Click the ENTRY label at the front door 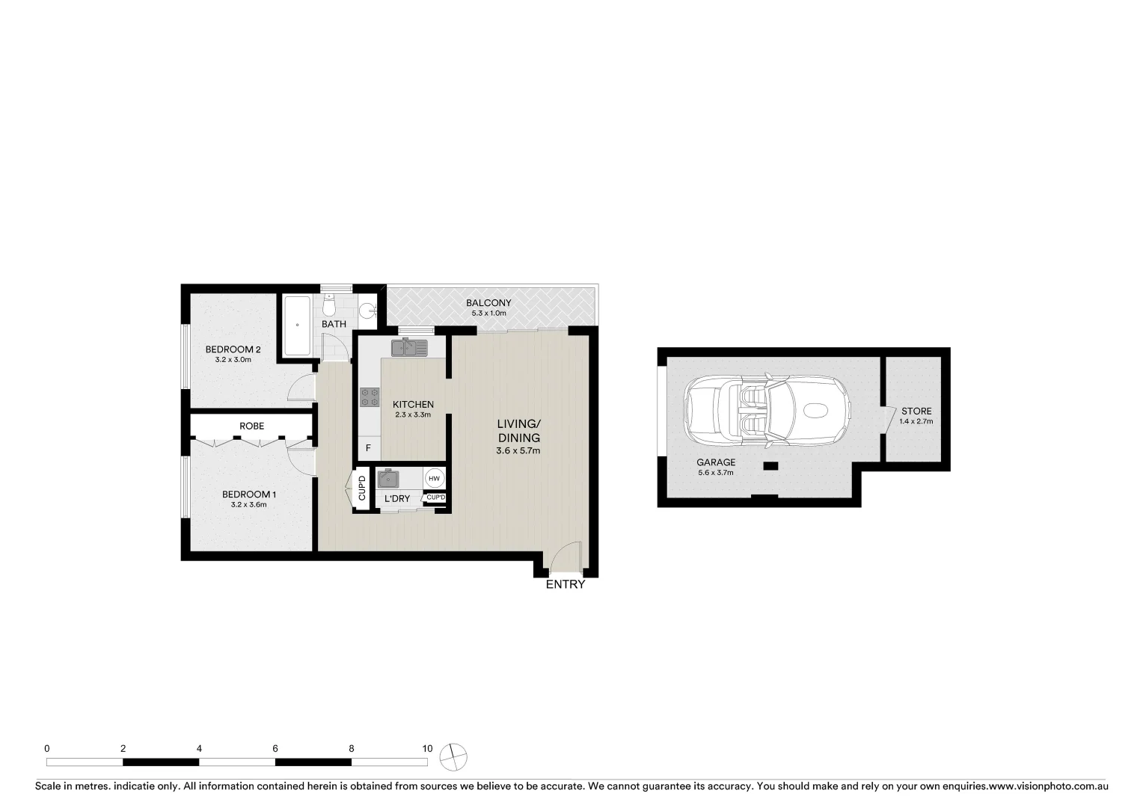(x=565, y=584)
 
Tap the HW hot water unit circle (x=435, y=478)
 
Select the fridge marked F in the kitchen (x=368, y=449)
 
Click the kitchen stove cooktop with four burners (x=370, y=397)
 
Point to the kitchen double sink (x=408, y=348)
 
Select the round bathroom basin (x=367, y=310)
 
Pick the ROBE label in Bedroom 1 (x=251, y=426)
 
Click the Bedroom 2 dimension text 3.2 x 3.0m (x=233, y=360)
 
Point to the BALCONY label (x=488, y=303)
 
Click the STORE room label (x=916, y=411)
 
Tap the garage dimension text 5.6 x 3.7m (x=716, y=473)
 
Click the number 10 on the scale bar (x=427, y=748)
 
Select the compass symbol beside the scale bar (x=453, y=757)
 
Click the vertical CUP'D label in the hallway (x=362, y=489)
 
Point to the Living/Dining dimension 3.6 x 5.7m (x=518, y=451)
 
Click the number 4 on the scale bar (x=199, y=748)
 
